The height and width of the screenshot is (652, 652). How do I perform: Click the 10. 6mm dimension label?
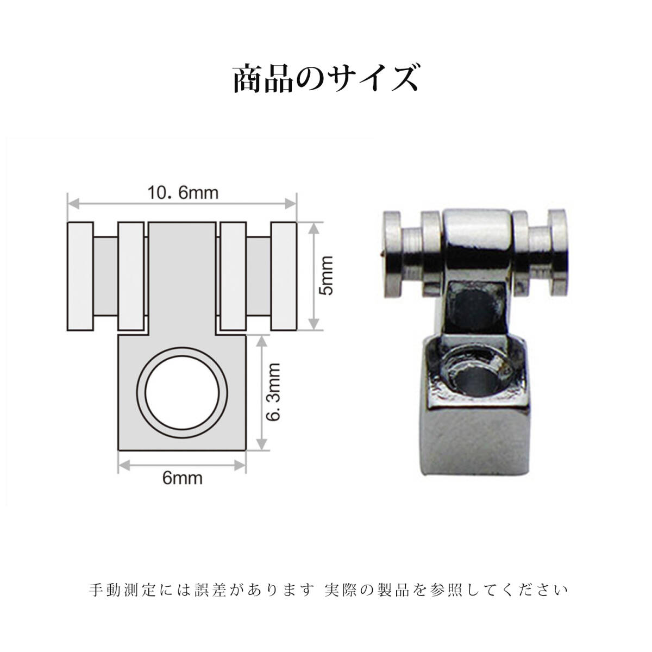183,193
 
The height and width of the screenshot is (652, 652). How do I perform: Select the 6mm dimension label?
183,478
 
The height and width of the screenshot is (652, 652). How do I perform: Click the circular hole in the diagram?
181,392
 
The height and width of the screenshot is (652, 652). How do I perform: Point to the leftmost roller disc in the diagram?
80,275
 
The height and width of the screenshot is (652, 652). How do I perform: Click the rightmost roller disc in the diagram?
284,275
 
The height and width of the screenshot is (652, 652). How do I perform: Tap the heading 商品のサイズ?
325,79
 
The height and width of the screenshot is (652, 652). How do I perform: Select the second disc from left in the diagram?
130,275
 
